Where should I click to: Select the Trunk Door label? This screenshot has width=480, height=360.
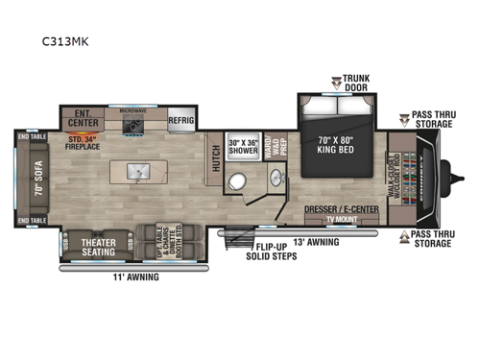(x=355, y=82)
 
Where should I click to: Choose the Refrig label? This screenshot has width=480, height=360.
(x=181, y=121)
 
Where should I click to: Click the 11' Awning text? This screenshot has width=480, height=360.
(x=135, y=277)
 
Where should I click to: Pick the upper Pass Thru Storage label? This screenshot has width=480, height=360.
(x=431, y=119)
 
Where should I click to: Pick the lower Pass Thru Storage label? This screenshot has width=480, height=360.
(x=431, y=239)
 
